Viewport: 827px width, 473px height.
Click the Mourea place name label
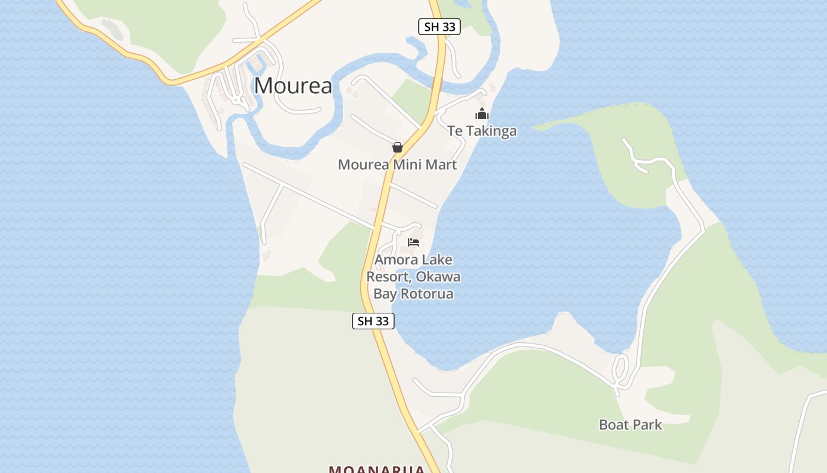(293, 86)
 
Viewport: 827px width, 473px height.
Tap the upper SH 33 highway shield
(439, 27)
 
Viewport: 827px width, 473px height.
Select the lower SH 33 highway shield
(373, 321)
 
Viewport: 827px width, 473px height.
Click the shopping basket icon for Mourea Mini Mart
(398, 147)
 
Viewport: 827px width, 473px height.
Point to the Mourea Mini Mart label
(397, 164)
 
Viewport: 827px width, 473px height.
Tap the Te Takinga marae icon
(482, 114)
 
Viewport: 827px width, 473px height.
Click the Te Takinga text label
(482, 131)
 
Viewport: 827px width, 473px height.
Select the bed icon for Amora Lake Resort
(413, 242)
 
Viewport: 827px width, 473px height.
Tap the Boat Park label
(630, 425)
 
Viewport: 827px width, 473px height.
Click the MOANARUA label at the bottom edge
(377, 469)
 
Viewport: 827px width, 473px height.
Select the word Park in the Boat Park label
(647, 425)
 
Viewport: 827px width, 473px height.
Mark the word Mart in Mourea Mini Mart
(441, 164)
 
